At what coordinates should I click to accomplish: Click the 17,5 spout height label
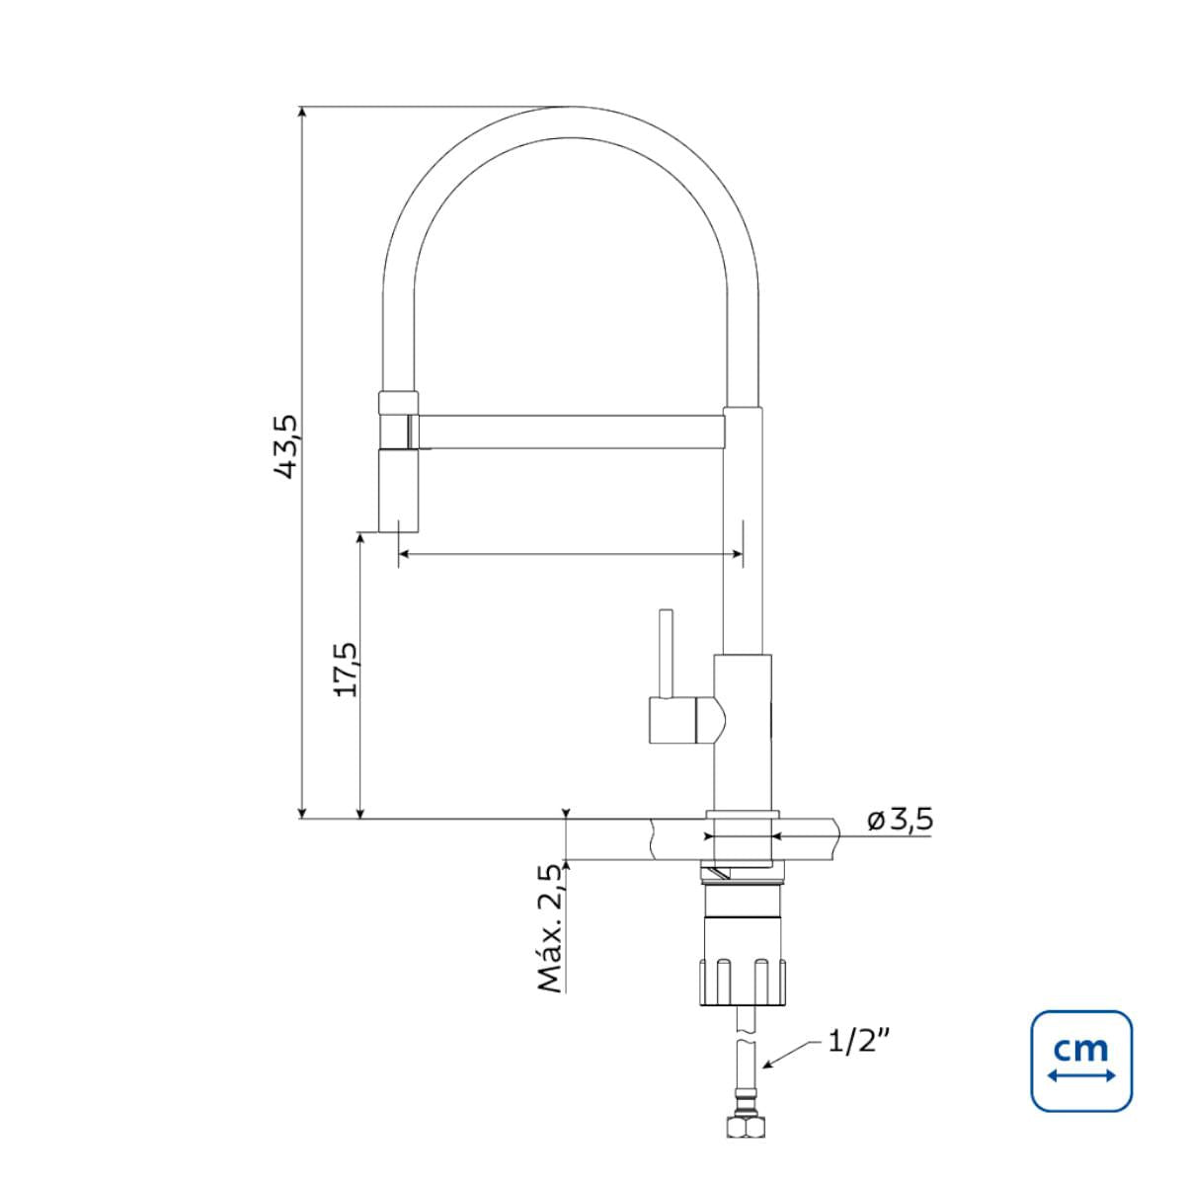point(346,670)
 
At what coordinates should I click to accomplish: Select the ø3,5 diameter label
point(901,820)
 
